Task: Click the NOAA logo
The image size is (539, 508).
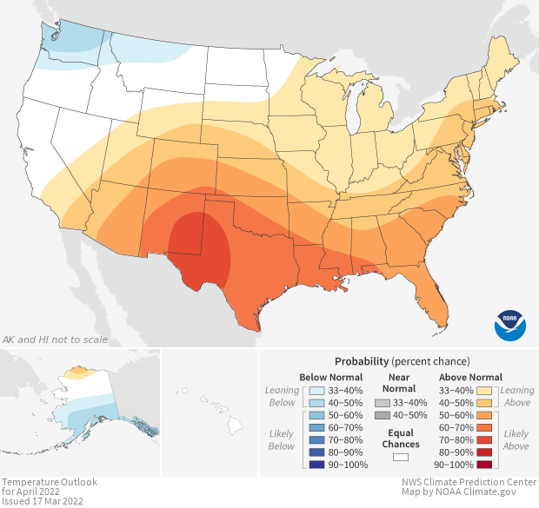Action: click(x=509, y=325)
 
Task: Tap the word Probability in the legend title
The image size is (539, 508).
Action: click(x=361, y=360)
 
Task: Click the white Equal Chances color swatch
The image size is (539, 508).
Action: click(x=401, y=457)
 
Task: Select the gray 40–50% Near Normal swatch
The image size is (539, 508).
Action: click(x=383, y=417)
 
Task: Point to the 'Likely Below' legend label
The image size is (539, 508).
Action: click(x=282, y=439)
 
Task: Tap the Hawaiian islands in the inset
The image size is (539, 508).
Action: click(x=223, y=413)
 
